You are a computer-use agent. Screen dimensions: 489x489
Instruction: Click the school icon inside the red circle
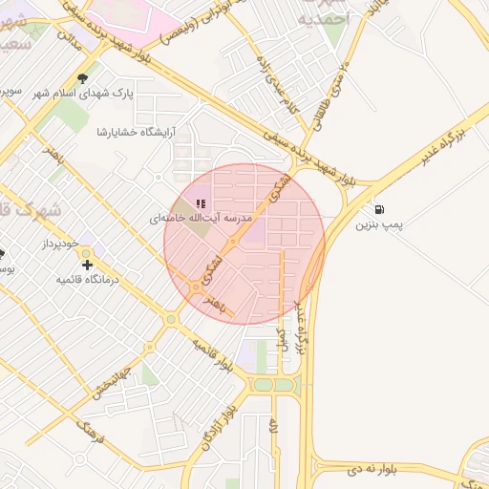(x=201, y=202)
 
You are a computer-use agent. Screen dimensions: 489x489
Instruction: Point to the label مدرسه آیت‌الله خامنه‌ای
(x=200, y=219)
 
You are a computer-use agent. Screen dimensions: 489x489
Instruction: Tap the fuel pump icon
(x=381, y=209)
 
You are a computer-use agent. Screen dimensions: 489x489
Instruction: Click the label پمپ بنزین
(x=381, y=225)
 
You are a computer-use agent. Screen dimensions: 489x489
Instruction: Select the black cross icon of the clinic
(x=88, y=264)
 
